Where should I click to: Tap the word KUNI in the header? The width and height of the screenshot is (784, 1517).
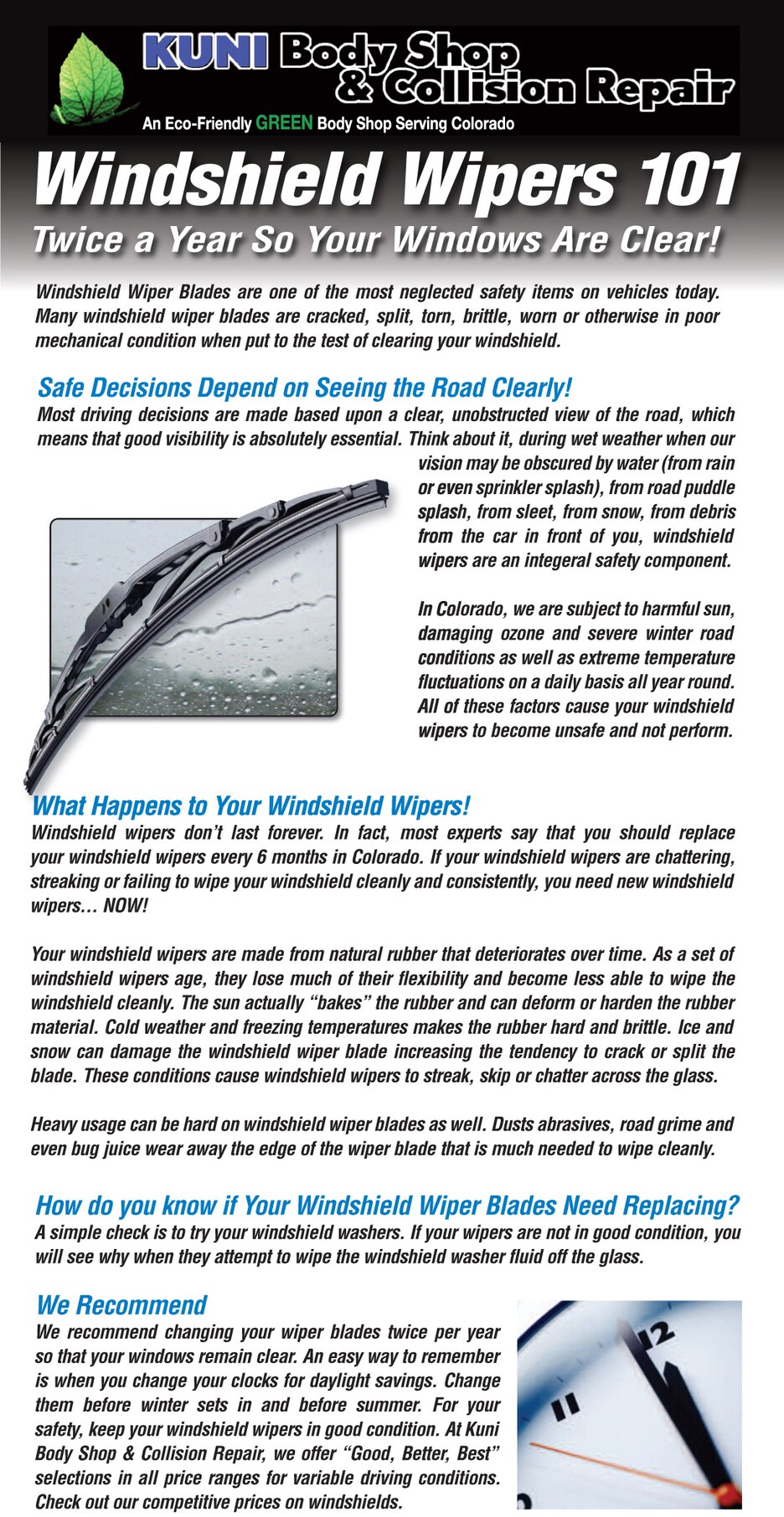[204, 52]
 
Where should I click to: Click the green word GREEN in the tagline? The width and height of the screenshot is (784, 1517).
[284, 123]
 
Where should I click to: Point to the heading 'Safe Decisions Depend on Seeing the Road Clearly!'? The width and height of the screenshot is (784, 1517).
[304, 388]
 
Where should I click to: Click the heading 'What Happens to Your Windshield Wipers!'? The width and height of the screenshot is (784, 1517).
[250, 805]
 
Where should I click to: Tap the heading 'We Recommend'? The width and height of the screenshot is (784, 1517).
[121, 1304]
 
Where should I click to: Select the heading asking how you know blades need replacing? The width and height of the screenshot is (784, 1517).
[387, 1205]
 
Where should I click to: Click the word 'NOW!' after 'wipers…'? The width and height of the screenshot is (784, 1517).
[125, 906]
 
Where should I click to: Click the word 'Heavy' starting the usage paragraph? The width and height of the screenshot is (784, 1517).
[55, 1124]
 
